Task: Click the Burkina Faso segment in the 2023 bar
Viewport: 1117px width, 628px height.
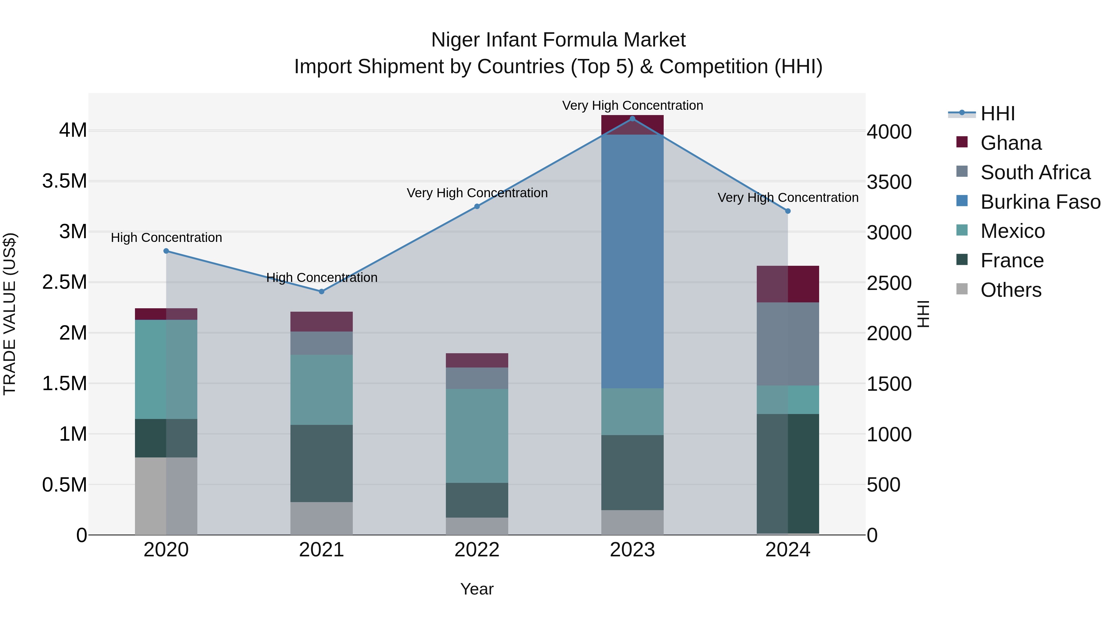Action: click(632, 261)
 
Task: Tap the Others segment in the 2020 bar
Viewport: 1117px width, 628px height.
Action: click(166, 496)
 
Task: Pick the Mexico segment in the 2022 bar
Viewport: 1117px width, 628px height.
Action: click(477, 436)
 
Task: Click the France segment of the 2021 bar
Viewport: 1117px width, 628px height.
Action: click(321, 463)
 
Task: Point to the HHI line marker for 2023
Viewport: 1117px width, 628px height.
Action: click(632, 119)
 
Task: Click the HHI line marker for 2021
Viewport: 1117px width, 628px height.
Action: click(321, 292)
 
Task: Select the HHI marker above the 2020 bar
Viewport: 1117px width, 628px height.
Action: click(166, 251)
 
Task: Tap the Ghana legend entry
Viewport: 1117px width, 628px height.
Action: click(1010, 143)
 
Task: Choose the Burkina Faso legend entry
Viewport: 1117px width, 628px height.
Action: click(1040, 202)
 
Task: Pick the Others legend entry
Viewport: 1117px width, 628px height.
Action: click(1010, 290)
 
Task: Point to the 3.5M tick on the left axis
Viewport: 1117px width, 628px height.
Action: click(64, 181)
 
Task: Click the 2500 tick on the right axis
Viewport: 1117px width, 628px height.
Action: click(889, 283)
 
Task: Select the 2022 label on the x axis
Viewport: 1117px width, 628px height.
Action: click(477, 550)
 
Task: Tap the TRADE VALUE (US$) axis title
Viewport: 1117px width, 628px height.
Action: click(10, 314)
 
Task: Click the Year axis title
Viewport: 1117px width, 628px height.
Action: click(477, 589)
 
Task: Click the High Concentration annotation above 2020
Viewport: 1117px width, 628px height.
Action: click(166, 238)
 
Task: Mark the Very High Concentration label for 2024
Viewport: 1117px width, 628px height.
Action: click(787, 198)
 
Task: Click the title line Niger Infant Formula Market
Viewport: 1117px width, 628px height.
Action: click(558, 40)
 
